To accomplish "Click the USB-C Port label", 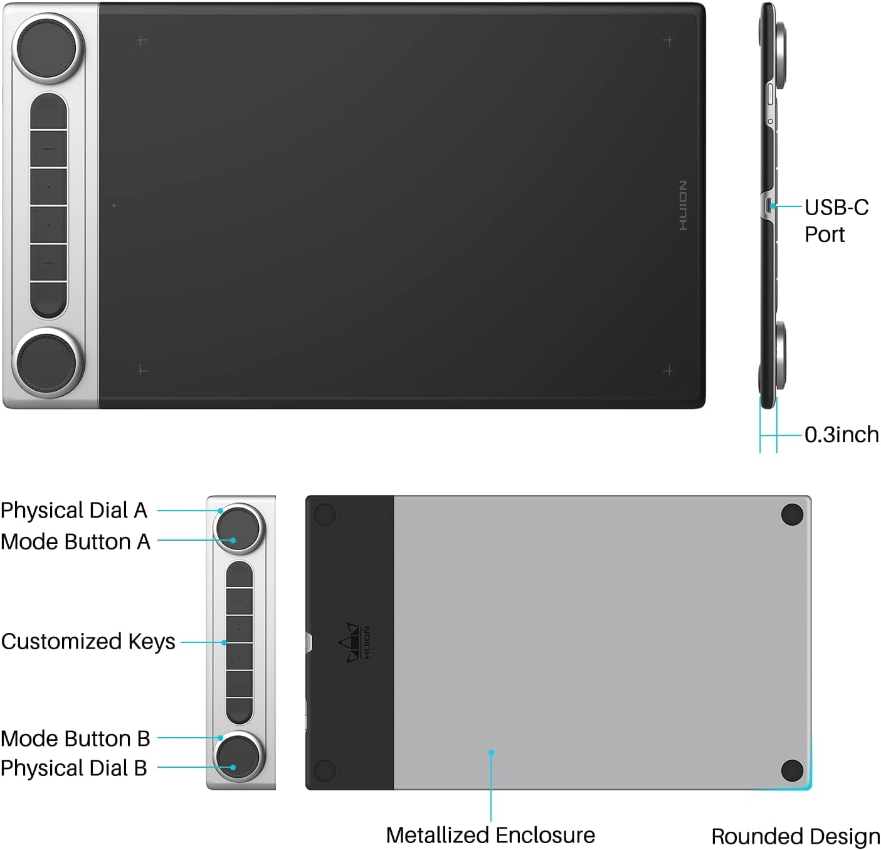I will click(836, 220).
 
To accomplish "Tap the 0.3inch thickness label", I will click(841, 434).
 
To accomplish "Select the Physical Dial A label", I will click(74, 510).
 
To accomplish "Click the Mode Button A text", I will click(75, 541).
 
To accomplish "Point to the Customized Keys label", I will click(88, 641).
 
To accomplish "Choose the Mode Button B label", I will click(75, 738).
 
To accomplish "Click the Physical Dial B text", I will click(74, 767).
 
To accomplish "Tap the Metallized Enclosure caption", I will click(490, 835).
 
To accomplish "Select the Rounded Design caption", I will click(795, 836).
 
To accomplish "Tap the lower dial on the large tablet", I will click(48, 363).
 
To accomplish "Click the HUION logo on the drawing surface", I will click(683, 205).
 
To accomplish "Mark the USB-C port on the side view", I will click(769, 205).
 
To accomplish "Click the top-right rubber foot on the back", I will click(793, 514).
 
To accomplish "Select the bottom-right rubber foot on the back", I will click(793, 770).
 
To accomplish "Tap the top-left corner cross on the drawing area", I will click(142, 41).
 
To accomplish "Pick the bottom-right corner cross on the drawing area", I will click(668, 370).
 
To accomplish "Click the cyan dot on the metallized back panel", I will click(492, 752).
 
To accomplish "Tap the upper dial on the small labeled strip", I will click(239, 529).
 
